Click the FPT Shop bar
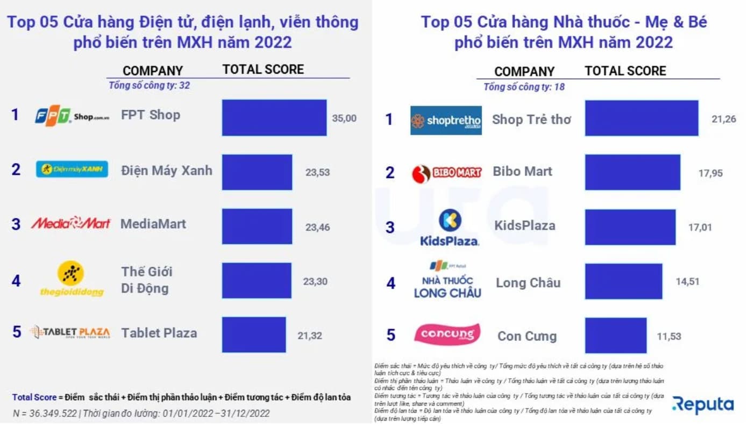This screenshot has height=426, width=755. tap(274, 117)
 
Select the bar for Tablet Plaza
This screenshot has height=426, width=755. tap(254, 335)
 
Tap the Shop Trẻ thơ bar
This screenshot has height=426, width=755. tap(642, 118)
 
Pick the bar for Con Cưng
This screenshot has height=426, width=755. tap(616, 336)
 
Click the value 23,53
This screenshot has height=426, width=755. tap(317, 173)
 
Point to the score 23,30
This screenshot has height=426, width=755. tap(315, 281)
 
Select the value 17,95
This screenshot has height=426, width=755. tap(710, 173)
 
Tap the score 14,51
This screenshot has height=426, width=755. tap(688, 281)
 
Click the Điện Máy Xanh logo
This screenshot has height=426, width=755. tap(72, 169)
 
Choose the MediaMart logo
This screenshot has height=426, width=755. tap(70, 223)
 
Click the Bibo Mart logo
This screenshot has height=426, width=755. tap(446, 173)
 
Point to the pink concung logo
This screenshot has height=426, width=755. tap(447, 335)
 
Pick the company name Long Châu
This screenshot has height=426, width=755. tap(528, 282)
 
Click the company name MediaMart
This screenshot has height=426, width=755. tap(153, 224)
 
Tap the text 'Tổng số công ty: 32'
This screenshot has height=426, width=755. tap(149, 85)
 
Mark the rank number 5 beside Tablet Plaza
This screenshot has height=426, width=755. tap(17, 332)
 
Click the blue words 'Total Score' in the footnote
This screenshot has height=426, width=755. tap(34, 397)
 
